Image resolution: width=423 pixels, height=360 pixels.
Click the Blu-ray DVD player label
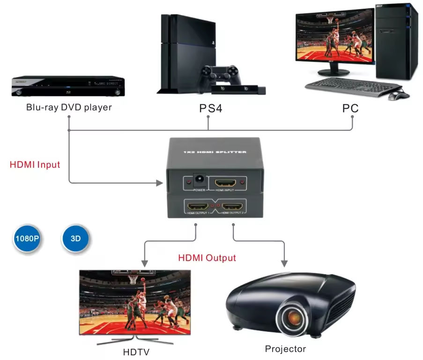click(69, 107)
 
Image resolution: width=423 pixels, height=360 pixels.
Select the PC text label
click(350, 109)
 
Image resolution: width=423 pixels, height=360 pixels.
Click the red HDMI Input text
click(35, 165)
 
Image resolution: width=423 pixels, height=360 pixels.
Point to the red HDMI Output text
click(207, 258)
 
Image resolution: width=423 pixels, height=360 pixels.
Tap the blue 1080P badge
click(27, 238)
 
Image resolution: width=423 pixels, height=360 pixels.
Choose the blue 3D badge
click(76, 238)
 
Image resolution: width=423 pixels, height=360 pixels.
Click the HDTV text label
click(136, 352)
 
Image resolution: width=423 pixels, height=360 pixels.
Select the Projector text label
click(285, 349)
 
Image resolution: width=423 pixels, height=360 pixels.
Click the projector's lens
click(294, 317)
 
